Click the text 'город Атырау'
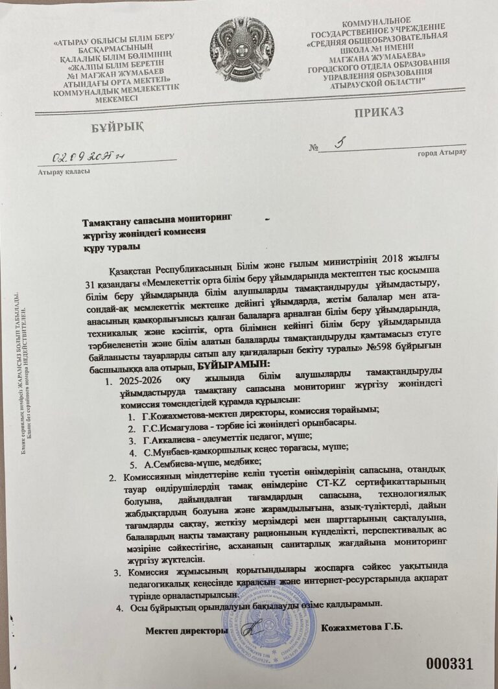click(441, 153)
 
